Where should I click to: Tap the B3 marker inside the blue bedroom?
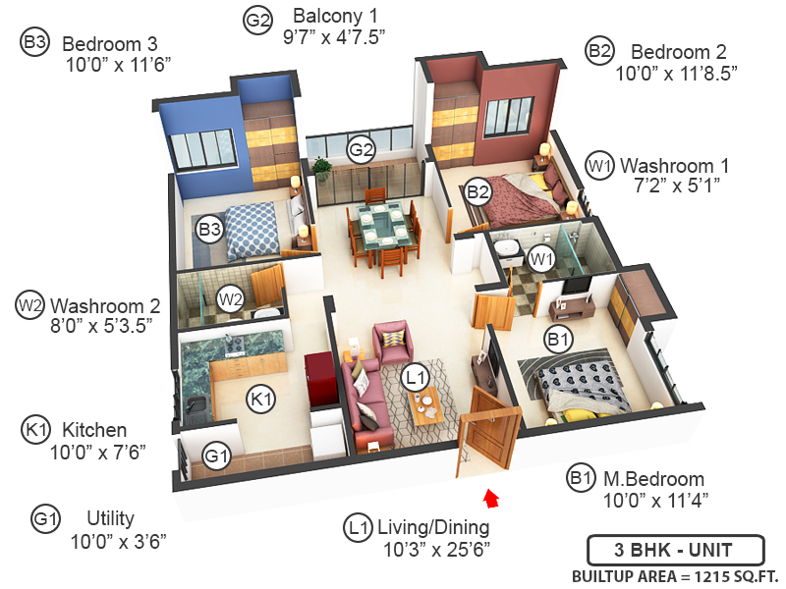(x=208, y=230)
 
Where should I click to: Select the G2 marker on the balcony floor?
(x=362, y=150)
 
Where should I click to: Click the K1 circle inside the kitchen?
(x=260, y=398)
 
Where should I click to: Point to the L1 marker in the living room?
(x=416, y=376)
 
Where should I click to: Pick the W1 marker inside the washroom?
(x=540, y=259)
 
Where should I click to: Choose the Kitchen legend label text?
(x=94, y=430)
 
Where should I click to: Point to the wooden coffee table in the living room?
(x=424, y=403)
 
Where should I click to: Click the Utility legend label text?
(x=110, y=518)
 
